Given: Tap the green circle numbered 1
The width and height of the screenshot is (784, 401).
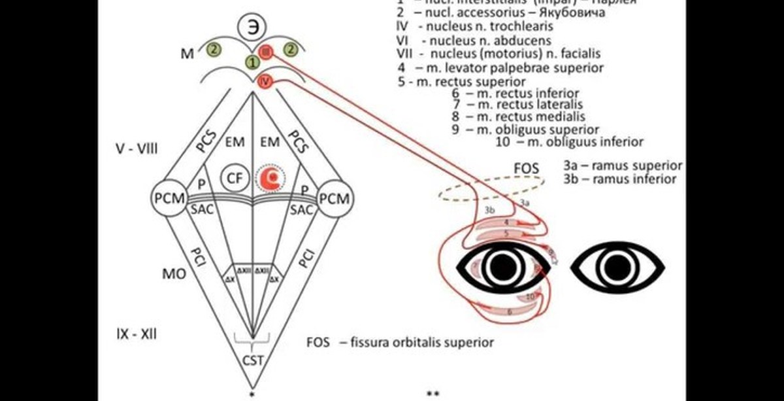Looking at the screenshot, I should coord(252,63).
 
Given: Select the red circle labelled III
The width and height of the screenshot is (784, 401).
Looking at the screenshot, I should coord(266,53).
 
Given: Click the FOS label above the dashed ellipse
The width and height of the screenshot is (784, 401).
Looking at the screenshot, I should coord(526,168).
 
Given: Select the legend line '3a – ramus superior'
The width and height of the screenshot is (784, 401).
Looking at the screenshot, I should coord(621,166).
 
